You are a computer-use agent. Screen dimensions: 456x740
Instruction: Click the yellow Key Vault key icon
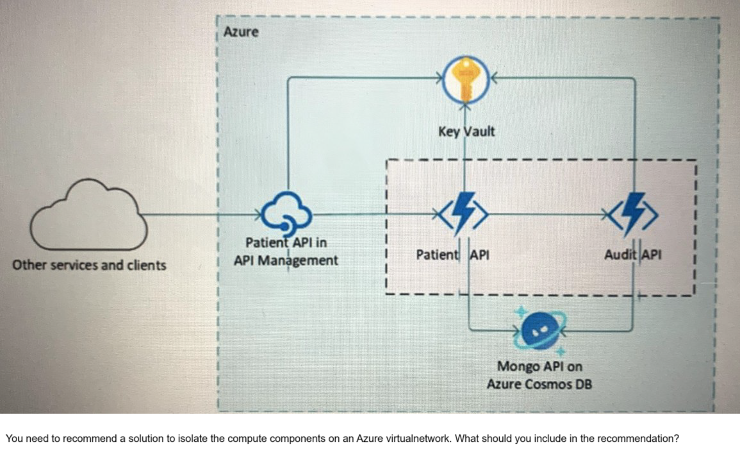tap(466, 80)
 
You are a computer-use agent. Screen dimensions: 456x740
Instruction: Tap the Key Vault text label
tap(466, 131)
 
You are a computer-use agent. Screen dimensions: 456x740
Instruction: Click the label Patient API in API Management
tap(286, 252)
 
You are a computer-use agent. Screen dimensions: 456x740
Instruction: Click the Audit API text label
tap(633, 254)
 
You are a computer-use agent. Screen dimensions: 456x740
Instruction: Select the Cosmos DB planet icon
tap(540, 330)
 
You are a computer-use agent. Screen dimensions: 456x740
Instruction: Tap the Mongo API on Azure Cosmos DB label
tap(539, 375)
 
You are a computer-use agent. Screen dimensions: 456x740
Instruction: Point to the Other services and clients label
tap(90, 265)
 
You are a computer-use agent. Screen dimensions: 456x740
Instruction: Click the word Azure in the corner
tap(242, 31)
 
